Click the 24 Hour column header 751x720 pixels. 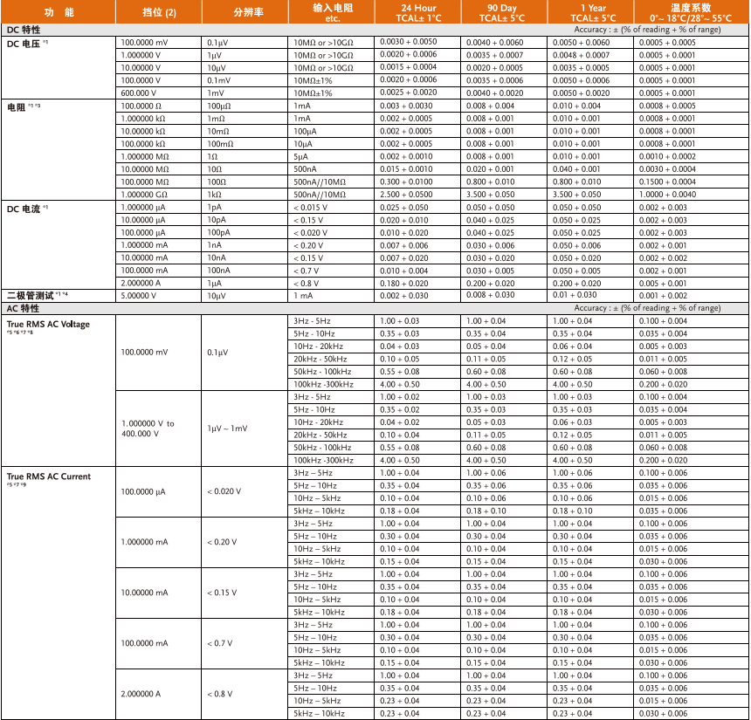point(418,12)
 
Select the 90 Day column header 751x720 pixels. point(506,12)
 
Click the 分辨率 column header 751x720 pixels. point(245,13)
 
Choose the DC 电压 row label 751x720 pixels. point(30,41)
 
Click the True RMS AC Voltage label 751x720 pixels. point(48,325)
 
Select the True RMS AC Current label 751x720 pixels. point(49,477)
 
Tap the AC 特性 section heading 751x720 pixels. point(24,308)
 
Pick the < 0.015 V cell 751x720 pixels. point(311,208)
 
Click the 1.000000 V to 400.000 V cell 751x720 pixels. point(148,429)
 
